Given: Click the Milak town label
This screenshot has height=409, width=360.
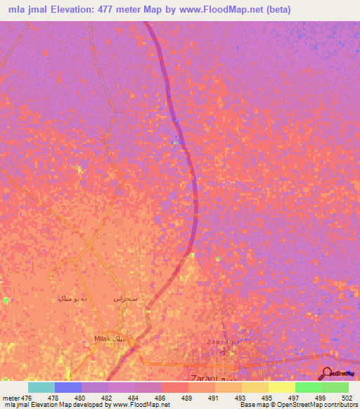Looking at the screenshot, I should pyautogui.click(x=103, y=339).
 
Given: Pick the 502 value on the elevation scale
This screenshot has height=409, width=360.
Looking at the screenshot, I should pyautogui.click(x=347, y=397).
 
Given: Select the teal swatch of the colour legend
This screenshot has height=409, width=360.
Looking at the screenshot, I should pyautogui.click(x=41, y=387).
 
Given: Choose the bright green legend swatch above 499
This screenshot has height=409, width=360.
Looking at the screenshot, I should pyautogui.click(x=308, y=387).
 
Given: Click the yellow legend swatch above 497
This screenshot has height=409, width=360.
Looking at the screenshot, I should pyautogui.click(x=281, y=387).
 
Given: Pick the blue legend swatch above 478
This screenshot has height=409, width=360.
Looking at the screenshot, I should pyautogui.click(x=67, y=387).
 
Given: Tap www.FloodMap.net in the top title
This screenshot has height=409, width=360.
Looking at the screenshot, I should pyautogui.click(x=219, y=10).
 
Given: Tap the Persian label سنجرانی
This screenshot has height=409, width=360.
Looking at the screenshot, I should pyautogui.click(x=126, y=298).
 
